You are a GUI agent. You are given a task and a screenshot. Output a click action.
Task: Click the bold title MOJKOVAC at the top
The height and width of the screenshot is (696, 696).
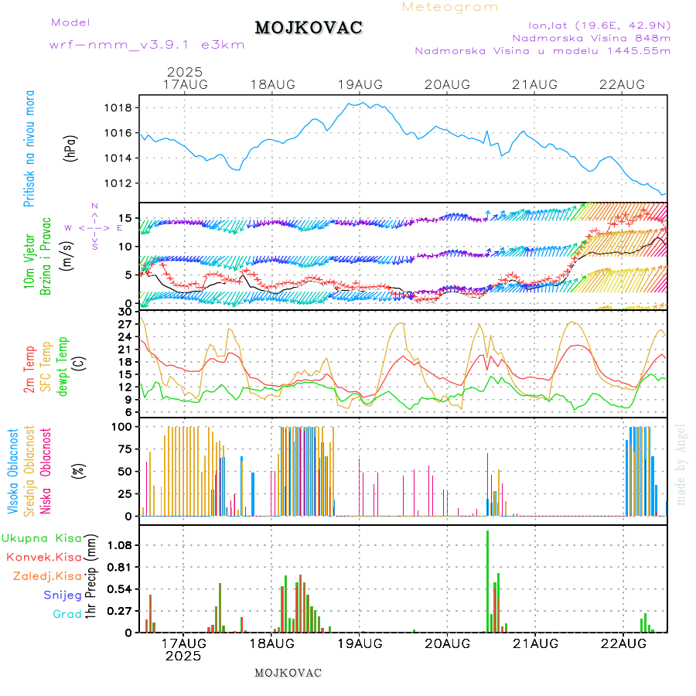pos(309,28)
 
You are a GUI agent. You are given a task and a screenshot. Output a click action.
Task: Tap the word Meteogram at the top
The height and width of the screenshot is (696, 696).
pos(450,7)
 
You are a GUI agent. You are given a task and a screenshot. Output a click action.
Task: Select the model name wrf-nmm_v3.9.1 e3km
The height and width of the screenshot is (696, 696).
pos(147,45)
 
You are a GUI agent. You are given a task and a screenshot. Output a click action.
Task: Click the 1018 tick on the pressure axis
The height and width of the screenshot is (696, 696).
pos(120,107)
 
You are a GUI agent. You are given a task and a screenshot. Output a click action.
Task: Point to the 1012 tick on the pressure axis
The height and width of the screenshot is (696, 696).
pos(120,183)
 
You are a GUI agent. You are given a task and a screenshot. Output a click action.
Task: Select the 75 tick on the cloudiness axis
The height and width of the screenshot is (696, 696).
pos(123,448)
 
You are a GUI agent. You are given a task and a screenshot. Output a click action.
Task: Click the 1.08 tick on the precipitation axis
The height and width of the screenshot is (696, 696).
pos(120,545)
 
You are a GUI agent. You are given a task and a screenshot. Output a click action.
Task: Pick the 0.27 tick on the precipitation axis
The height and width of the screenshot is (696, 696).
pos(120,611)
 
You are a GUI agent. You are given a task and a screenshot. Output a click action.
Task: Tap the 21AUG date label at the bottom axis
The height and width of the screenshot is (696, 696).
pos(535,643)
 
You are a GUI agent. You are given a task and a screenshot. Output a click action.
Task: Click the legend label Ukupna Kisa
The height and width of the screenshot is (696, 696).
pos(42,537)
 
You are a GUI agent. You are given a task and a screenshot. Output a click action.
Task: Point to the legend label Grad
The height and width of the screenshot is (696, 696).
pos(67,614)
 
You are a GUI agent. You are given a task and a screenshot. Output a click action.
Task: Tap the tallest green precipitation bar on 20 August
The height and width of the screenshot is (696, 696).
pos(487,580)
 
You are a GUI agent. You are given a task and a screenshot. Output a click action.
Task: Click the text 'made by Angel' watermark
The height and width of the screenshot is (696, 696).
pos(681,464)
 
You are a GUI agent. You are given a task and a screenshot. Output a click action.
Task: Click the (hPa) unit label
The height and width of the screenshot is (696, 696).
pos(71,147)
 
